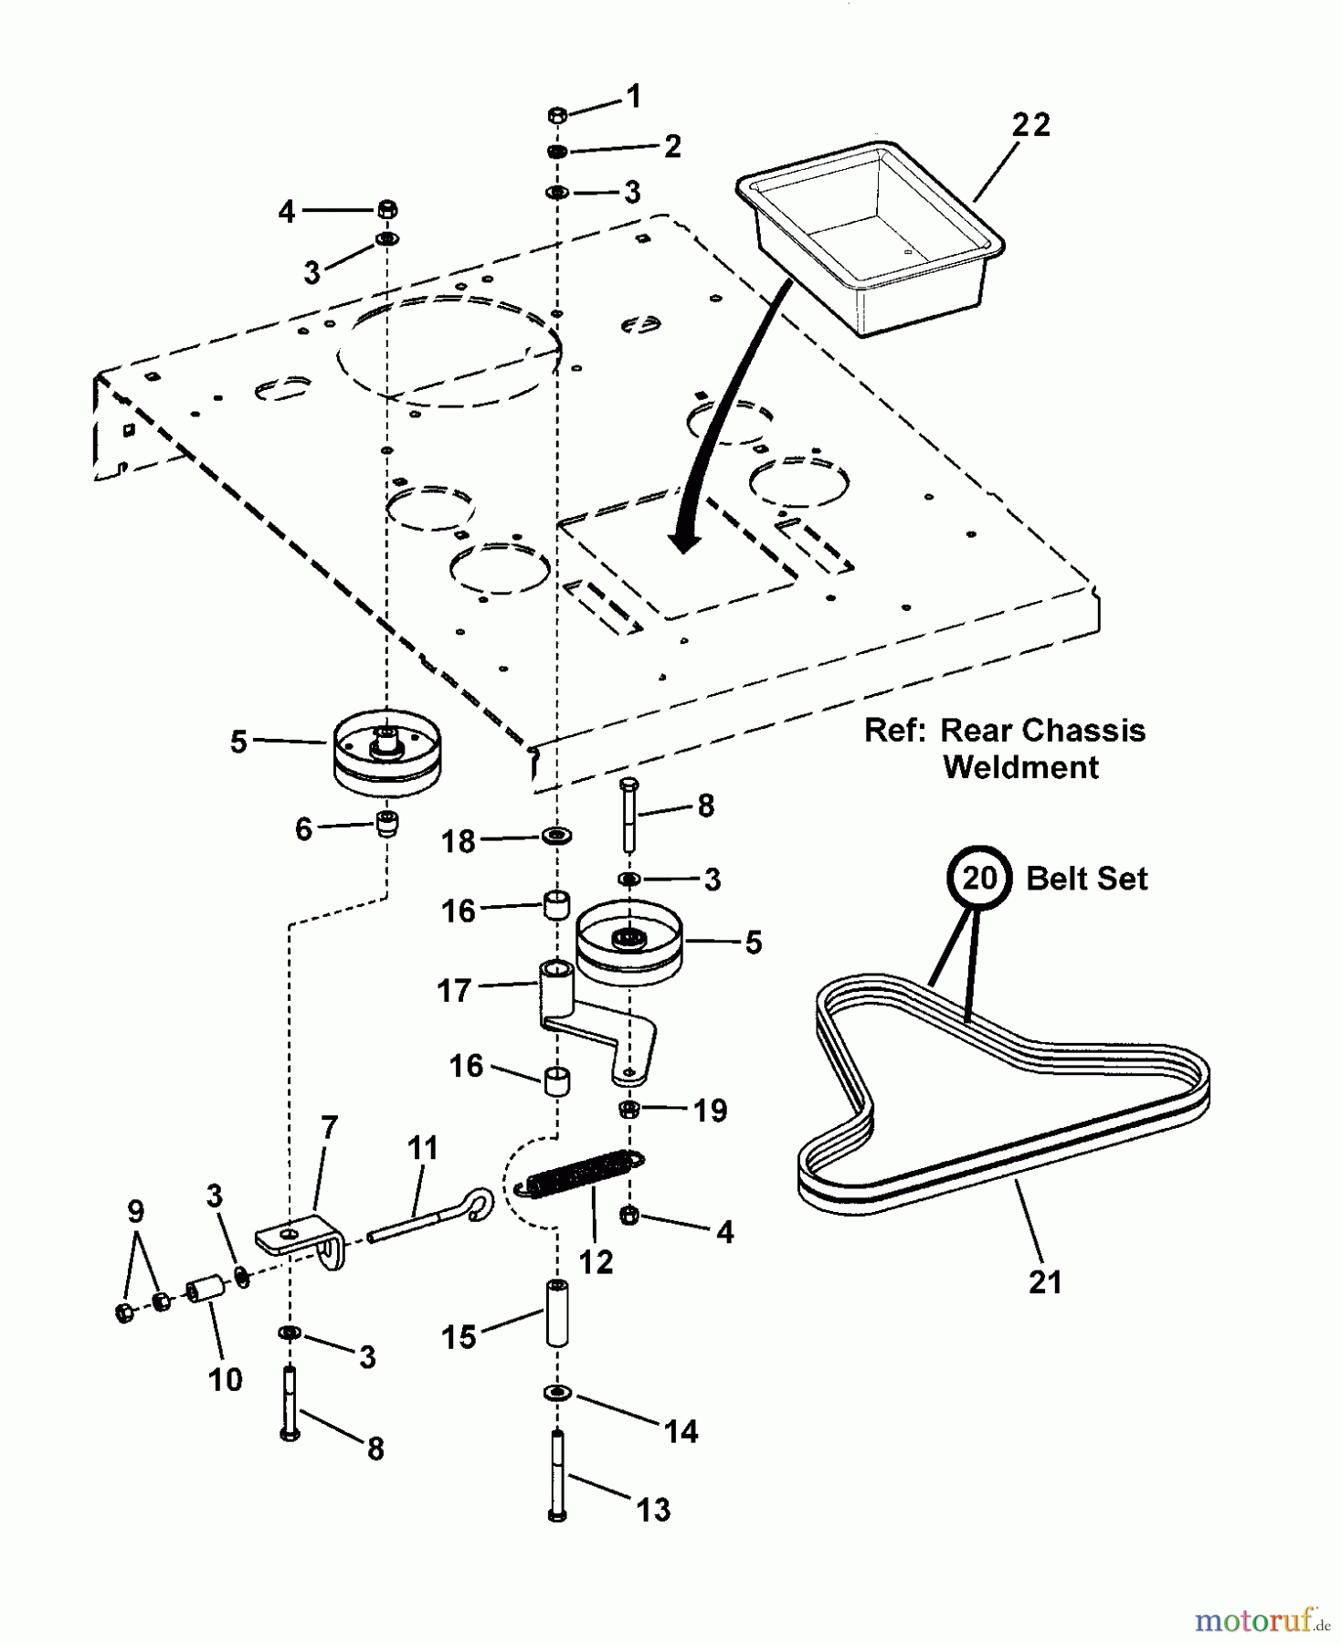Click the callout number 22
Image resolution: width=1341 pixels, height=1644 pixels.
[1030, 125]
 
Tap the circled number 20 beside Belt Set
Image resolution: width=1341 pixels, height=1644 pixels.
[978, 879]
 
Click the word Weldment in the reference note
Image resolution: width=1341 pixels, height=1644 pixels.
[1020, 767]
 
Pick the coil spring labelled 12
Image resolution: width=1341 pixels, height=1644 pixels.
[582, 1174]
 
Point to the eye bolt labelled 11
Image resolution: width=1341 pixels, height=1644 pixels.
[429, 1214]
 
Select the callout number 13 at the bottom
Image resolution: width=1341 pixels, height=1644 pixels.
[653, 1510]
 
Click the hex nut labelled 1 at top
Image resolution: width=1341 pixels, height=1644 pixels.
[558, 115]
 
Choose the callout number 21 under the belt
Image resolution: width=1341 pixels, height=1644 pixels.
[1044, 1282]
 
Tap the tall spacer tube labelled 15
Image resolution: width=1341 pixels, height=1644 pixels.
[557, 1314]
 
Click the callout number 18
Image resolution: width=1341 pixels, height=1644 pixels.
[459, 841]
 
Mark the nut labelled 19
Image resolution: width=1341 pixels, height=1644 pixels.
[628, 1110]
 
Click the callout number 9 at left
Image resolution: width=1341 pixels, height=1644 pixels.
[135, 1212]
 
